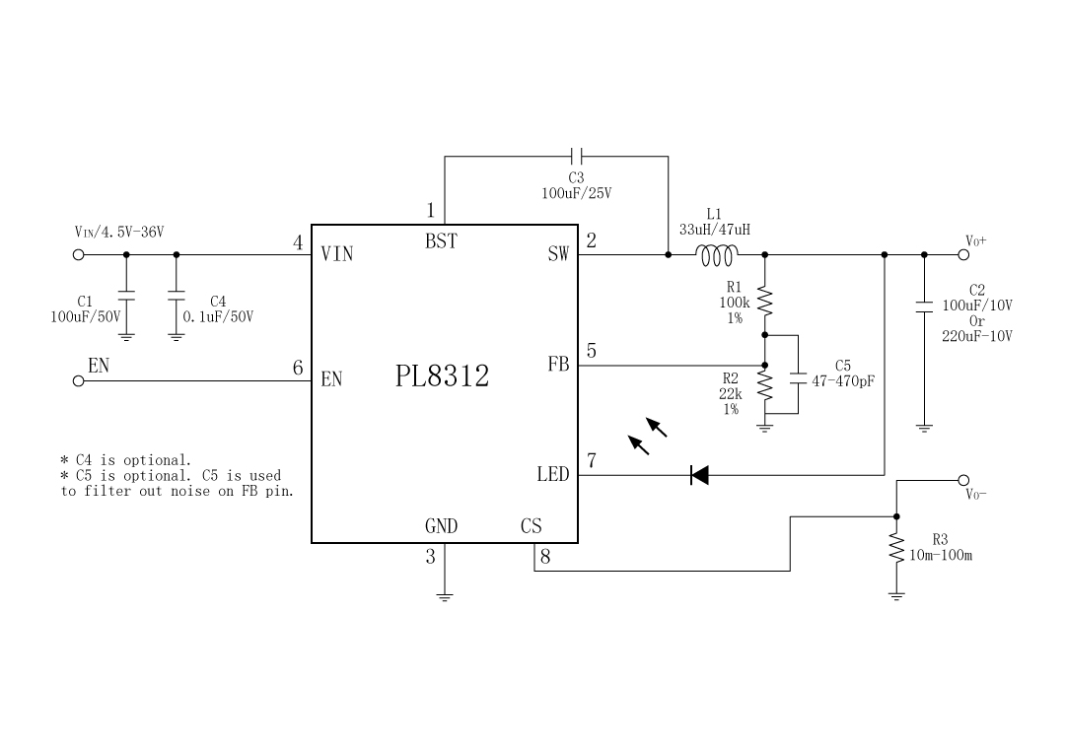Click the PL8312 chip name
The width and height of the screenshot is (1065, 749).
[x=442, y=375]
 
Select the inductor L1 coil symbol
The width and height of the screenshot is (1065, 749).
[x=716, y=255]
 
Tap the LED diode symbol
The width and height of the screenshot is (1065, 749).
[x=699, y=475]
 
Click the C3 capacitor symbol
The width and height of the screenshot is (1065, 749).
[x=578, y=156]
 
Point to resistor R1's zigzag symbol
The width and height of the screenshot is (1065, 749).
[x=765, y=303]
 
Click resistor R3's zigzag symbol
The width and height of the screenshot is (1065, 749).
[x=896, y=550]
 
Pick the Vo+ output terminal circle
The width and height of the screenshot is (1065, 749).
[x=963, y=254]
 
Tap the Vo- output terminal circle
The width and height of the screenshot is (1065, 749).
[x=963, y=481]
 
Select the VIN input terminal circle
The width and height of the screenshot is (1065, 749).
[x=79, y=254]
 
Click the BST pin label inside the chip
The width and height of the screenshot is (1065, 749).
[x=441, y=241]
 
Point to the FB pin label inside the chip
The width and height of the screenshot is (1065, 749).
[x=558, y=365]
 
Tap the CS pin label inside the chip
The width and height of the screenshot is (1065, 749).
[x=531, y=526]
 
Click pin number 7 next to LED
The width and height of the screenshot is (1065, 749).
[x=592, y=460]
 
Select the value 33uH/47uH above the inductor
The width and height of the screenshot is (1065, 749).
[x=714, y=229]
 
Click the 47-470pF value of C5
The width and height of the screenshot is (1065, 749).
[x=842, y=379]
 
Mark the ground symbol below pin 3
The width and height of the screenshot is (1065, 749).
[x=445, y=596]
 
